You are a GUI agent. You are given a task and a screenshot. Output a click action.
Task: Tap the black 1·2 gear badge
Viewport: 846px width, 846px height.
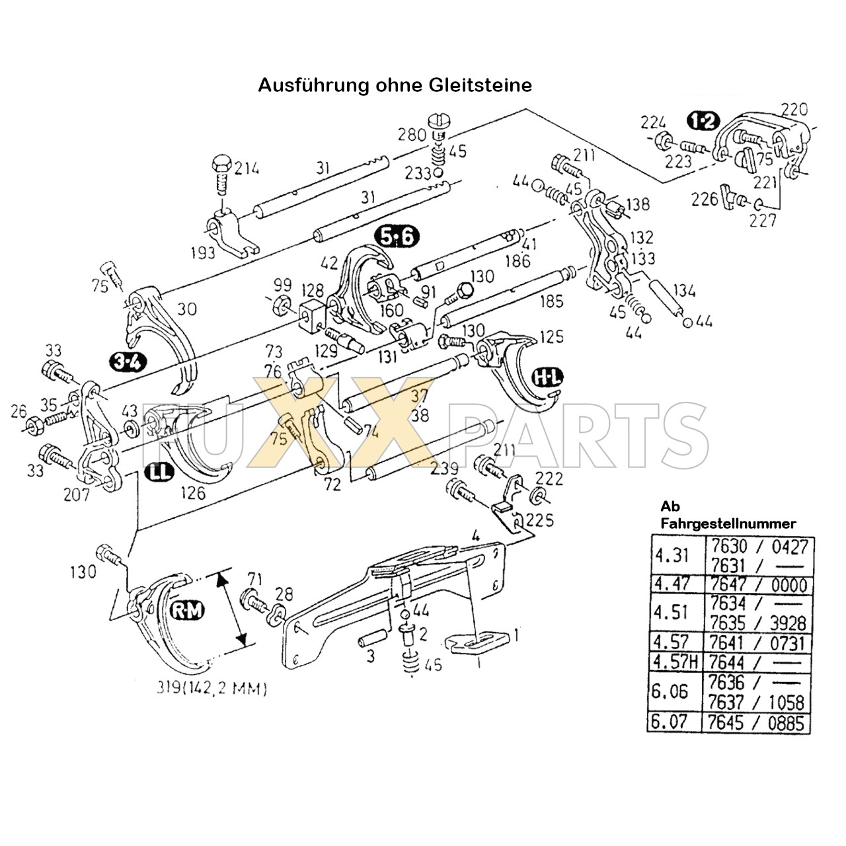[x=702, y=121]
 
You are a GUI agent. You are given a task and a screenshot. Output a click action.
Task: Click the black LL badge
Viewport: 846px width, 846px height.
[x=157, y=471]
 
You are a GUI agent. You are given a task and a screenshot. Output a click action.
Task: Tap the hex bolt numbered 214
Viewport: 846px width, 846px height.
[x=221, y=173]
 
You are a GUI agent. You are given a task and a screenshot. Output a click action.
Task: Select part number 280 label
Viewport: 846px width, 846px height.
[x=412, y=136]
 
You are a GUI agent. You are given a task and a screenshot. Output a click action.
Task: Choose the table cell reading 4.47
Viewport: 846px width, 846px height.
[x=670, y=584]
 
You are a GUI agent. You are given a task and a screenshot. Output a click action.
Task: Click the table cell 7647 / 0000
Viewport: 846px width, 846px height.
[x=757, y=584]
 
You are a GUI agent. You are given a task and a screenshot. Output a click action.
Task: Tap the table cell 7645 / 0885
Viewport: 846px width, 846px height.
[x=757, y=722]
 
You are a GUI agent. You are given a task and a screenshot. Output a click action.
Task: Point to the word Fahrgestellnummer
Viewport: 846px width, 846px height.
[x=728, y=523]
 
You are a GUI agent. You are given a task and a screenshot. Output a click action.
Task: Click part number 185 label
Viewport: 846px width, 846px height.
[x=551, y=301]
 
